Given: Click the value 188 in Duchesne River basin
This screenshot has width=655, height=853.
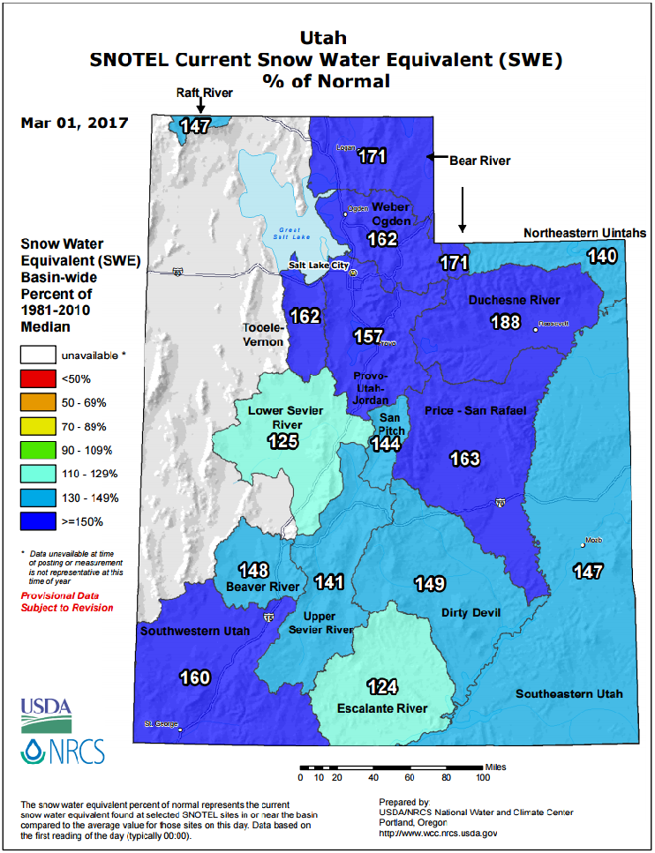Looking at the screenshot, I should tap(505, 322).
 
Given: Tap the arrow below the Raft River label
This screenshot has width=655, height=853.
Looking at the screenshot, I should tap(200, 106).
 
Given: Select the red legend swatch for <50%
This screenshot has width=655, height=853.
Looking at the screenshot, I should tap(36, 378).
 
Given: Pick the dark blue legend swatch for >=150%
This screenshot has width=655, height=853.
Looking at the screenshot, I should tap(36, 521).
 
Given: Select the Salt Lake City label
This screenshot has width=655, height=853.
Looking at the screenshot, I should tap(319, 266).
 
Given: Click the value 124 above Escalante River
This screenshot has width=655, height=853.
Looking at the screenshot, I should tap(383, 685).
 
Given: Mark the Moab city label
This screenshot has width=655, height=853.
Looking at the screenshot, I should tap(592, 542).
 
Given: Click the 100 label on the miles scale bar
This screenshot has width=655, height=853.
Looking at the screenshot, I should tap(482, 777).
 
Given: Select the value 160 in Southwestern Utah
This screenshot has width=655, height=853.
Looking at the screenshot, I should tap(194, 677).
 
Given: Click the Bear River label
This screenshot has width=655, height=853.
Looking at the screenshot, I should tap(479, 161).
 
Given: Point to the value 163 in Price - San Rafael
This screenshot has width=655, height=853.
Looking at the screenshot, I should tap(464, 459).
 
